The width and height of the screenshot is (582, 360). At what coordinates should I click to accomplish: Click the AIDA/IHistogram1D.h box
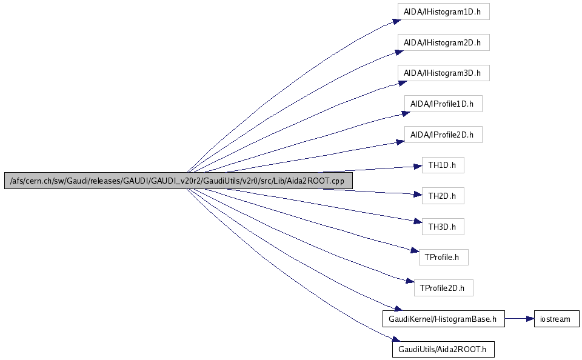coord(443,12)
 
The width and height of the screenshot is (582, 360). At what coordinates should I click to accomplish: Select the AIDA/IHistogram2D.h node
coord(443,42)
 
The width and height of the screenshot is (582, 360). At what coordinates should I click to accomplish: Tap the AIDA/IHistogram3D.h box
coord(443,73)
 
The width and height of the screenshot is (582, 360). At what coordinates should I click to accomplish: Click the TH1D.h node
coord(443,165)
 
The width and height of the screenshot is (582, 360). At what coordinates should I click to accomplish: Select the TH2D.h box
coord(443,196)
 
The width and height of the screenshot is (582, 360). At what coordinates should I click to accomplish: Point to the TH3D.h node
coord(443,227)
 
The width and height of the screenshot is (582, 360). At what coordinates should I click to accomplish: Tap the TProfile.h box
coord(443,257)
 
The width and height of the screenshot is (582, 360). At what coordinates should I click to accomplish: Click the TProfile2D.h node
coord(443,288)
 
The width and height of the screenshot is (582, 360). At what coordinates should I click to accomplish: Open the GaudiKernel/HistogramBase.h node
coord(443,319)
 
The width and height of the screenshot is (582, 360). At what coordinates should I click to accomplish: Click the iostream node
coord(557,319)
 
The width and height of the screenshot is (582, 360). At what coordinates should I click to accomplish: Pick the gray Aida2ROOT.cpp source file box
coord(178,181)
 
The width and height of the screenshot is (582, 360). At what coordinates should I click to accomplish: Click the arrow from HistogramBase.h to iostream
coord(518,319)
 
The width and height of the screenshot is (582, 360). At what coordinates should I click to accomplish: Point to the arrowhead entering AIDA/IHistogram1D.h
coord(395,21)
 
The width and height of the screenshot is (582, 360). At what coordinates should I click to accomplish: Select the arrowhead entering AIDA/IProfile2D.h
coord(400,142)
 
